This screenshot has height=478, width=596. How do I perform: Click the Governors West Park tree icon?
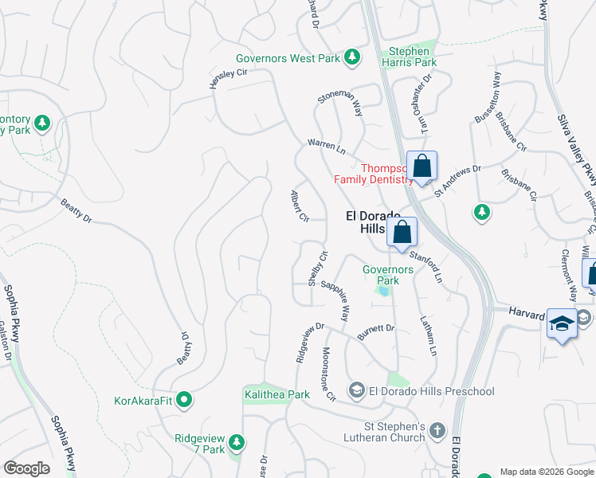[x=351, y=57]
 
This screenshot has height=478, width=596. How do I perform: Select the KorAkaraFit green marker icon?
[x=184, y=399]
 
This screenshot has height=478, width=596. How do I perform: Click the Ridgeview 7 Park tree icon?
[x=235, y=441]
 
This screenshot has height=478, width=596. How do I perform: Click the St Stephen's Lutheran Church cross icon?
[x=436, y=431]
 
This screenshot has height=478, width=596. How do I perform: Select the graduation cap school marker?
[x=562, y=324]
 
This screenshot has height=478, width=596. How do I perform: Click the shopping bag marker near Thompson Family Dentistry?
[x=422, y=167]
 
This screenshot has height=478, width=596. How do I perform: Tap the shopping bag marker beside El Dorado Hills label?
[x=402, y=233]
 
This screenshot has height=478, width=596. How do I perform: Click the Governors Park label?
[x=388, y=275]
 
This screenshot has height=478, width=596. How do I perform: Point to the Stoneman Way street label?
[x=340, y=104]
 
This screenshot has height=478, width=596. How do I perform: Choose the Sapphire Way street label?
[x=335, y=300]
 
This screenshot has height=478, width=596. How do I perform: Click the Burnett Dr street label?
[x=375, y=332]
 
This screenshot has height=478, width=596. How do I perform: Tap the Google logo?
[x=26, y=468]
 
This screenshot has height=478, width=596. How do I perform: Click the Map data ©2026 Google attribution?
[x=546, y=472]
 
